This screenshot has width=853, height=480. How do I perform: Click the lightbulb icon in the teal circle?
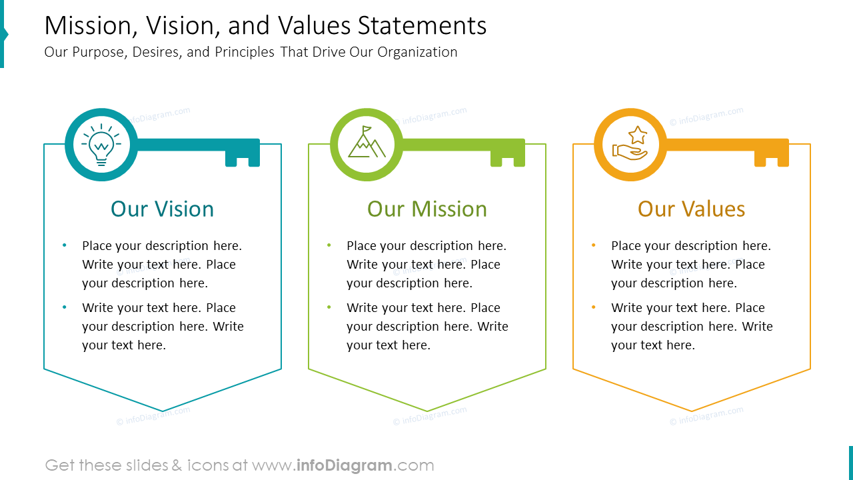[x=101, y=145]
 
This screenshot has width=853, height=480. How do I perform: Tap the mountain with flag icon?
[x=366, y=143]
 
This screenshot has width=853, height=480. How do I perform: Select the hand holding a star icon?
[x=630, y=144]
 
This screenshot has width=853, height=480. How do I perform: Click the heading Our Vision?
[x=163, y=209]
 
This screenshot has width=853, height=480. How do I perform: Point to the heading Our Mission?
[x=427, y=209]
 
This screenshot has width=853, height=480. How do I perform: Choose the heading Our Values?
[x=691, y=209]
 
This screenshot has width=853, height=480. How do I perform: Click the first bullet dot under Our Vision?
[x=65, y=245]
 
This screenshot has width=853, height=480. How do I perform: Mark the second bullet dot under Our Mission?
[x=329, y=307]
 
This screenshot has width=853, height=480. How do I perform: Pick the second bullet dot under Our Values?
[x=594, y=307]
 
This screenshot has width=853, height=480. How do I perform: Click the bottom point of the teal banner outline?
[x=163, y=411]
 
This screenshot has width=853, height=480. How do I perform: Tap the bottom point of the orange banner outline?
[x=692, y=411]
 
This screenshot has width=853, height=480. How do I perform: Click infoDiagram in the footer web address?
[x=344, y=465]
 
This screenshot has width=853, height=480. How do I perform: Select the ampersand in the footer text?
[x=177, y=465]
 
